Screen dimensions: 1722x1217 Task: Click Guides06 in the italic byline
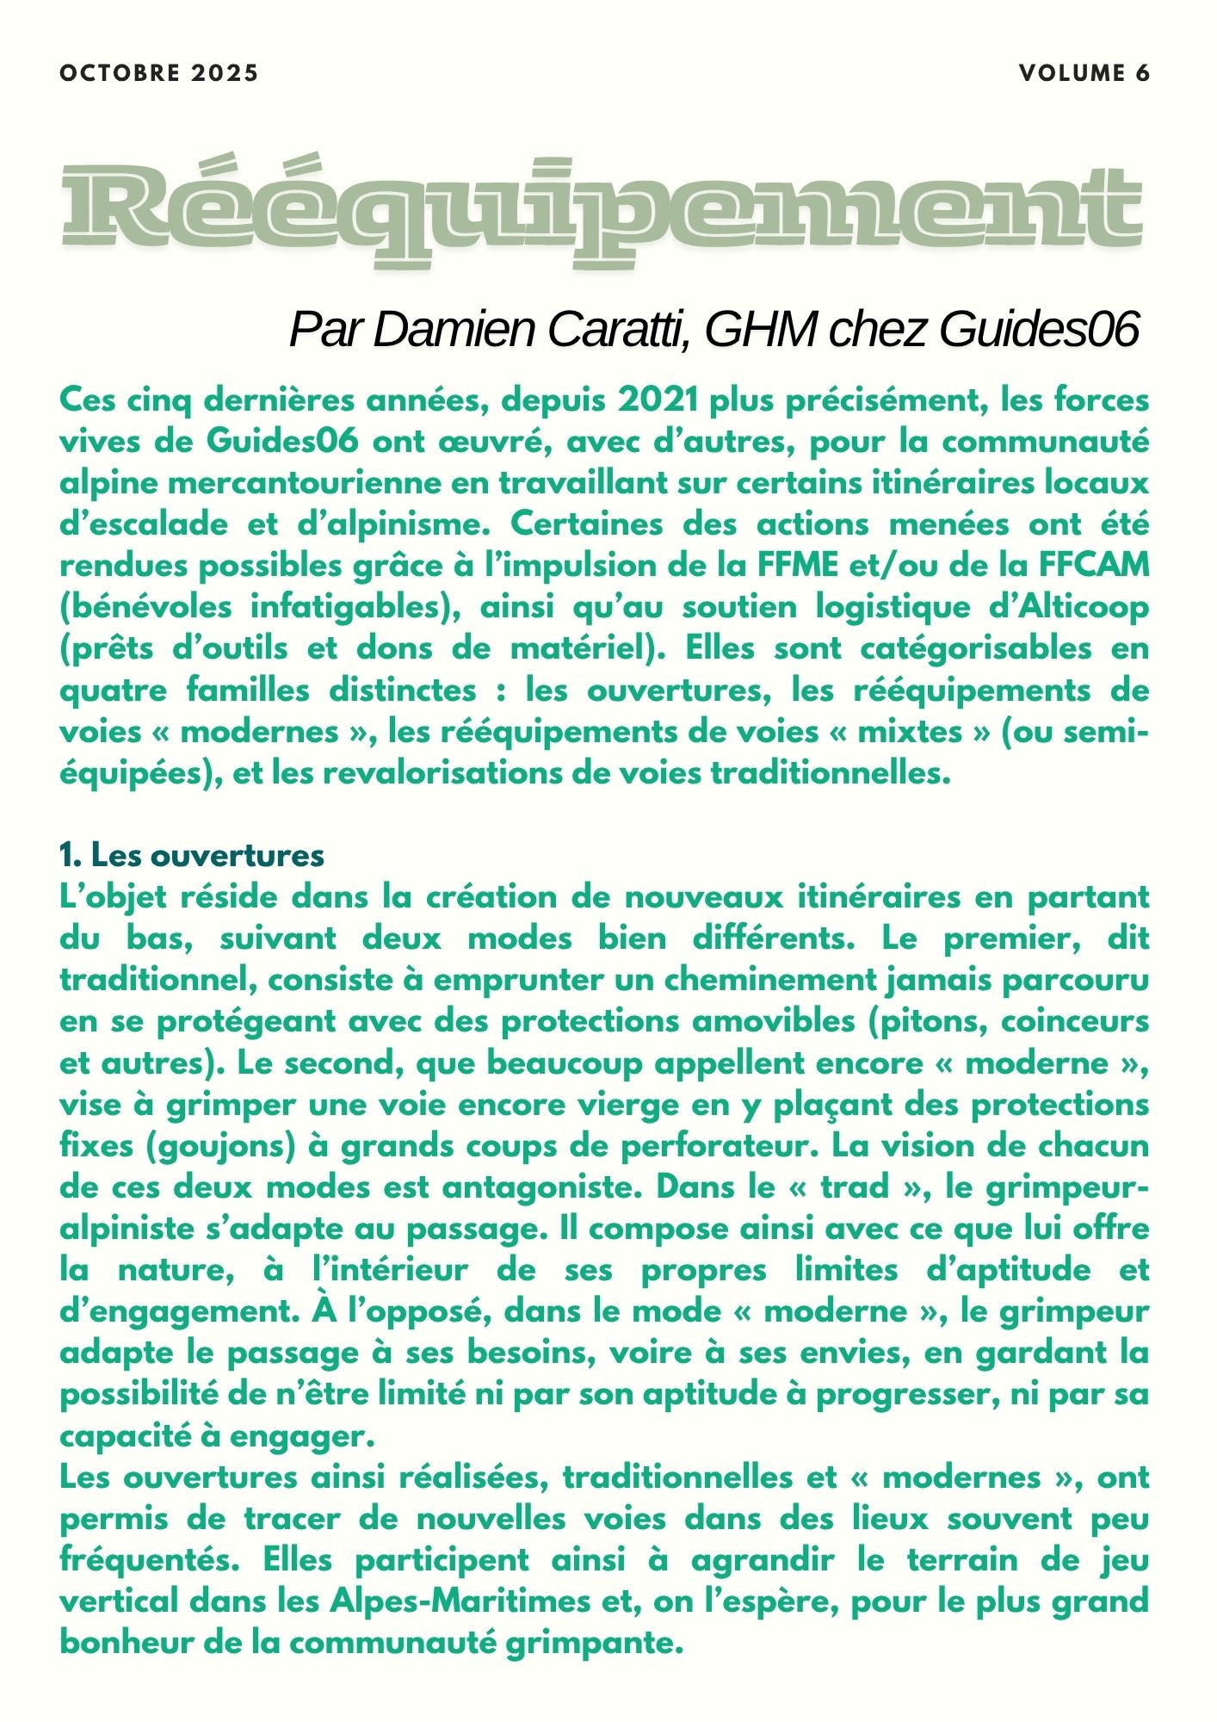click(x=1039, y=329)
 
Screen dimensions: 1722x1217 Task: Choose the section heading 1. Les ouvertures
click(x=192, y=855)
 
